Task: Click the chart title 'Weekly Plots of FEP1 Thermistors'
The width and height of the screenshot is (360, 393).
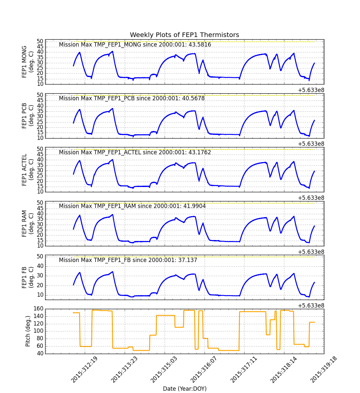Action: [184, 35]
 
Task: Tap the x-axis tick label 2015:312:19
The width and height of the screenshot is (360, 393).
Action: [84, 370]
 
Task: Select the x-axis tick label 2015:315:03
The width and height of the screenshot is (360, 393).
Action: [164, 370]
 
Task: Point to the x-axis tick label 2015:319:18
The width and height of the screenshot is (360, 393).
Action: [323, 370]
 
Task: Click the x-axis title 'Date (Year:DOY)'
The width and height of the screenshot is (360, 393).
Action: [185, 388]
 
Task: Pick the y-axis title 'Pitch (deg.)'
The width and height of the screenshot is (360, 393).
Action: [28, 331]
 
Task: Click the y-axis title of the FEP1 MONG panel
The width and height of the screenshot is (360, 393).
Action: [27, 62]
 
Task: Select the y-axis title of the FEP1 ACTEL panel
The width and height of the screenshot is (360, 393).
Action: [27, 170]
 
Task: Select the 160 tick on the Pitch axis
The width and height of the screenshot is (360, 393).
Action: [38, 309]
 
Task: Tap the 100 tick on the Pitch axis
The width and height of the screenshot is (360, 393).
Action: [38, 331]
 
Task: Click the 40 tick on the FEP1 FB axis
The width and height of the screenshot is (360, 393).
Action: [40, 266]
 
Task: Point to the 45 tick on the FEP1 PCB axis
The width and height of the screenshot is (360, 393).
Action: [40, 101]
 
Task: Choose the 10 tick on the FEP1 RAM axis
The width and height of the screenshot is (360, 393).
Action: [40, 246]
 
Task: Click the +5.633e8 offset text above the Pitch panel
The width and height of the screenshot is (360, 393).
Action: [311, 306]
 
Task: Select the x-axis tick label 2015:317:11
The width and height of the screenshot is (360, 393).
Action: [243, 370]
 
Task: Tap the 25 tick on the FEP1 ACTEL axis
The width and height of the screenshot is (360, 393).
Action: [40, 176]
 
